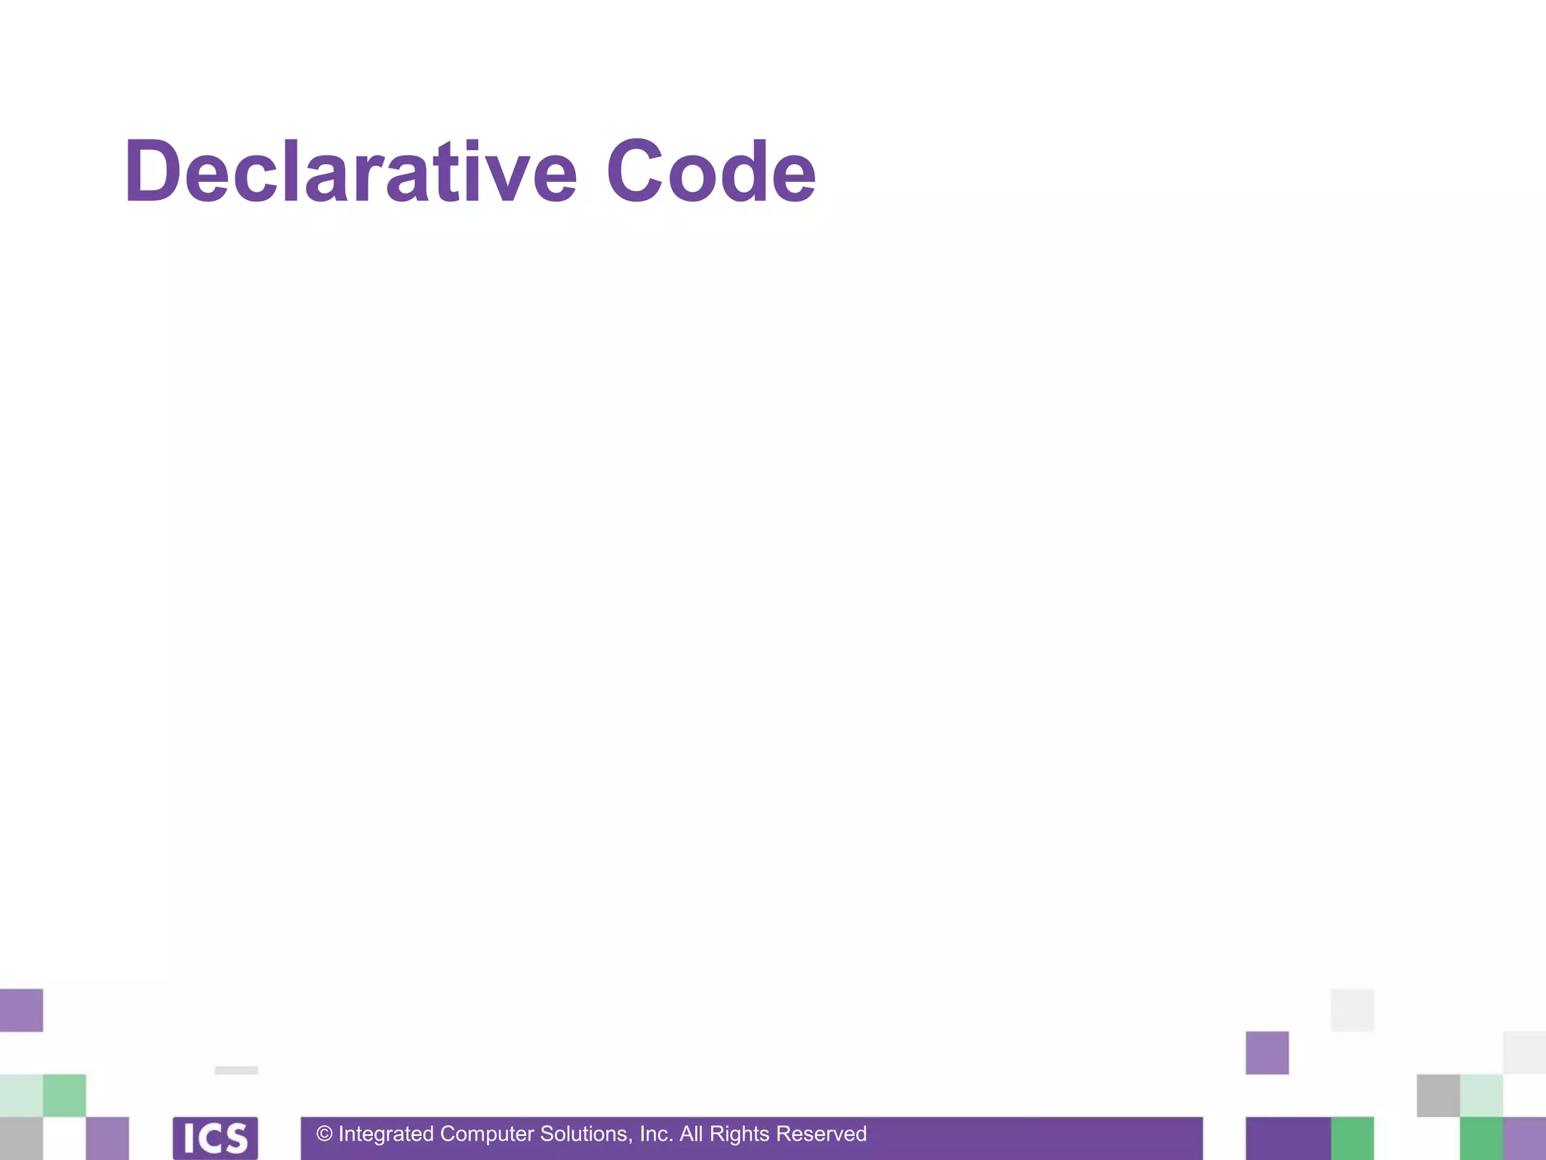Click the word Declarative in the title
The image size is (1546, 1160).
pos(351,172)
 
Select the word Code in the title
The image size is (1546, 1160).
pos(710,172)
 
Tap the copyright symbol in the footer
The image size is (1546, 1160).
pos(325,1134)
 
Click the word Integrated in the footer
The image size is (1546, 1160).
pos(386,1134)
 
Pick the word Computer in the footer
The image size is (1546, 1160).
pos(487,1134)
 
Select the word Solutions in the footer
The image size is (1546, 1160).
pos(586,1134)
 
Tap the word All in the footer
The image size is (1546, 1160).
pos(691,1134)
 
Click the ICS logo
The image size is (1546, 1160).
pos(215,1138)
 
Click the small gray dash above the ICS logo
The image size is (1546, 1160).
pos(236,1070)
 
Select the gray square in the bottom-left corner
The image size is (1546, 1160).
pos(21,1138)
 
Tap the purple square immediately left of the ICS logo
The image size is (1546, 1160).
pos(107,1138)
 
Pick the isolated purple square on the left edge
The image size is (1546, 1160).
pos(21,1010)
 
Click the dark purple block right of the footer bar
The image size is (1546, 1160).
pos(1288,1138)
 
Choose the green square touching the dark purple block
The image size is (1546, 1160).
pos(1352,1138)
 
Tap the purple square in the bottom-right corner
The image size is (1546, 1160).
pos(1524,1138)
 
